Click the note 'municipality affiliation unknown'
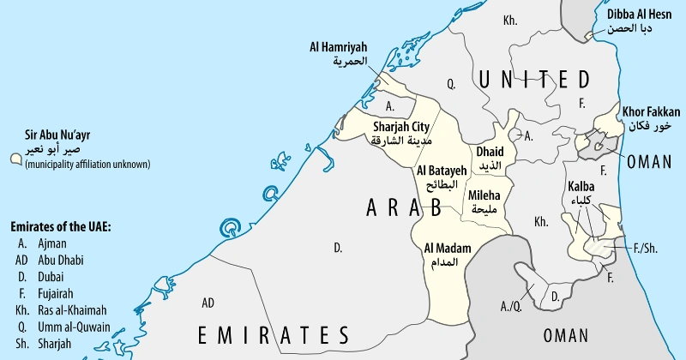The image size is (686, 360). (87, 164)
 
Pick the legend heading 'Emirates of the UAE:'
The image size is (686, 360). (61, 227)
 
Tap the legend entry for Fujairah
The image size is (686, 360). (51, 293)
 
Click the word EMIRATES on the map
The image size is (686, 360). (274, 333)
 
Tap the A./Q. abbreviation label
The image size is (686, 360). (511, 305)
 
